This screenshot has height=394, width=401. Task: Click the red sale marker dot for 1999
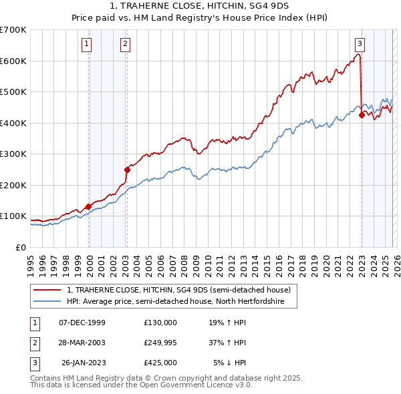click(88, 206)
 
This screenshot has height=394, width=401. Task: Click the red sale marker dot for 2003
click(127, 170)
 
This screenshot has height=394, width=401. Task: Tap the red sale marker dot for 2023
click(362, 115)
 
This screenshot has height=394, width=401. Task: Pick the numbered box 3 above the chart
click(360, 44)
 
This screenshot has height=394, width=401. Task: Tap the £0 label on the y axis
click(21, 247)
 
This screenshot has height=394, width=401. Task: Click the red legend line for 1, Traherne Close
click(47, 290)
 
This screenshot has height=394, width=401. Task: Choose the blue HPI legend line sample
click(47, 302)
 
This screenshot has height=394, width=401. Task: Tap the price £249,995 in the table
click(160, 342)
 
